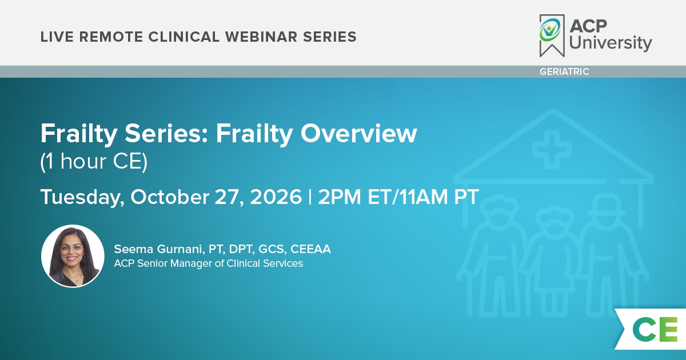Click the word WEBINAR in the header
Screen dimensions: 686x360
click(261, 37)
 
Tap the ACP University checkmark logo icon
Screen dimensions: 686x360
click(552, 35)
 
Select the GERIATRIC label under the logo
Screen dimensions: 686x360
click(564, 71)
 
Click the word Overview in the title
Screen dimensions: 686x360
click(358, 134)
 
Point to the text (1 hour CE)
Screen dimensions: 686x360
click(94, 161)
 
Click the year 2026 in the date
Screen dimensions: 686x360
click(276, 197)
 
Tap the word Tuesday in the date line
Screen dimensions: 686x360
click(82, 198)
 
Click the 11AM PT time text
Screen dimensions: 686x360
click(439, 197)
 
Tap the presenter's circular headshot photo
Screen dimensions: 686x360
click(73, 256)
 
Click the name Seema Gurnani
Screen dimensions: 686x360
click(159, 249)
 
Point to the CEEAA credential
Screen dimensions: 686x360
click(310, 249)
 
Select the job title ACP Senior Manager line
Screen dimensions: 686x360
click(208, 263)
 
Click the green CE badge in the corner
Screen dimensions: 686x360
click(655, 329)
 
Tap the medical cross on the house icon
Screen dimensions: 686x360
click(552, 150)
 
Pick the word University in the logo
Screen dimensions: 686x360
click(611, 43)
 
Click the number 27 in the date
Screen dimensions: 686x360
click(229, 198)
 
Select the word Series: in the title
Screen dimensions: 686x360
click(166, 134)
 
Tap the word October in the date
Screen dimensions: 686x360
click(170, 197)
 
